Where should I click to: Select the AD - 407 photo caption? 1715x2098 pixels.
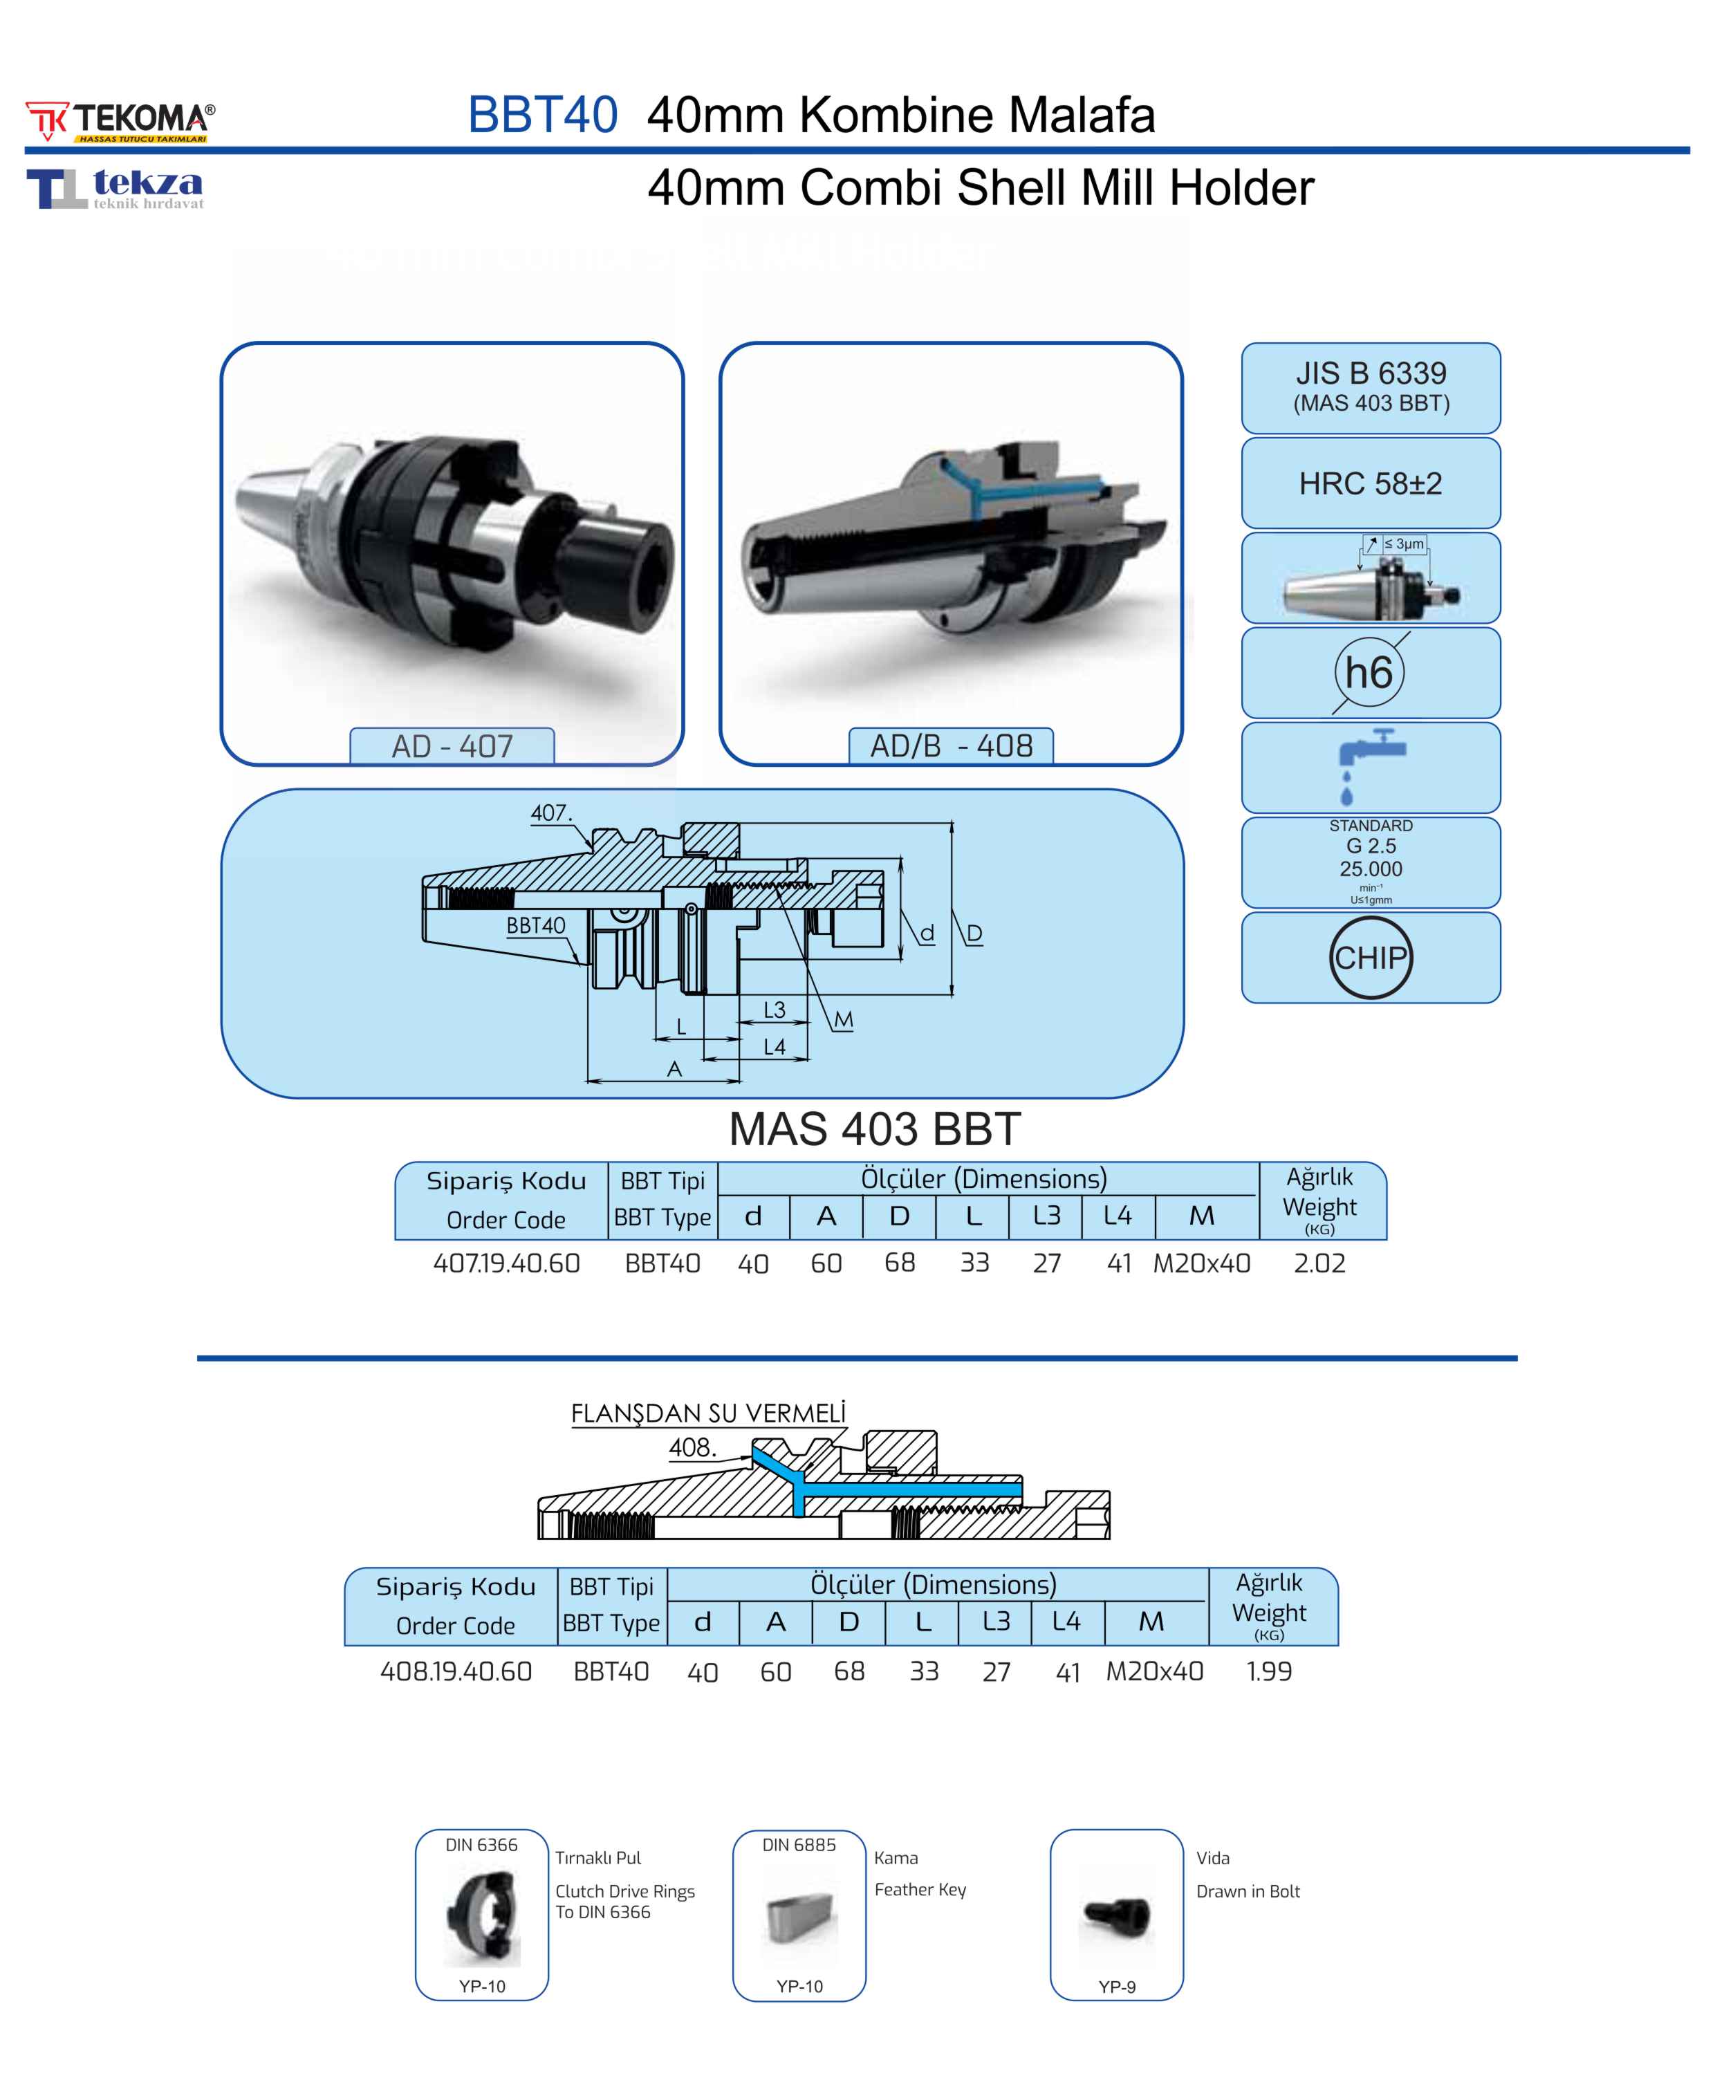(x=452, y=745)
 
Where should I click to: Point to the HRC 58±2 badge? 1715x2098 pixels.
(x=1370, y=484)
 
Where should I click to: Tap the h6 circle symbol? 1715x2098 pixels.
(x=1369, y=673)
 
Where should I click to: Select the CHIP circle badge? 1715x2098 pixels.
(x=1370, y=957)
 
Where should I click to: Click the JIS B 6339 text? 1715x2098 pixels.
(x=1370, y=373)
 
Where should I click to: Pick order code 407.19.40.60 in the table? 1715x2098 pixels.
(x=506, y=1263)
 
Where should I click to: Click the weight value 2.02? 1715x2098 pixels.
(x=1319, y=1263)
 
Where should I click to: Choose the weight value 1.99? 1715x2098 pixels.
(x=1268, y=1671)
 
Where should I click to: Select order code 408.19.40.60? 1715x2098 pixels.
(x=456, y=1671)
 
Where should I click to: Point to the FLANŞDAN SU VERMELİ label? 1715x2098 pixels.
(x=708, y=1413)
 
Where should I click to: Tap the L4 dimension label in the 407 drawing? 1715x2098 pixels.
(x=775, y=1047)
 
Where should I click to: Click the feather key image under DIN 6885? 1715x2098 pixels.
(x=800, y=1918)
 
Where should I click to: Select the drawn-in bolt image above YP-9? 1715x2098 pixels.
(x=1116, y=1916)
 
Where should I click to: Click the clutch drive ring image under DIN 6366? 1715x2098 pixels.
(x=482, y=1916)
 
